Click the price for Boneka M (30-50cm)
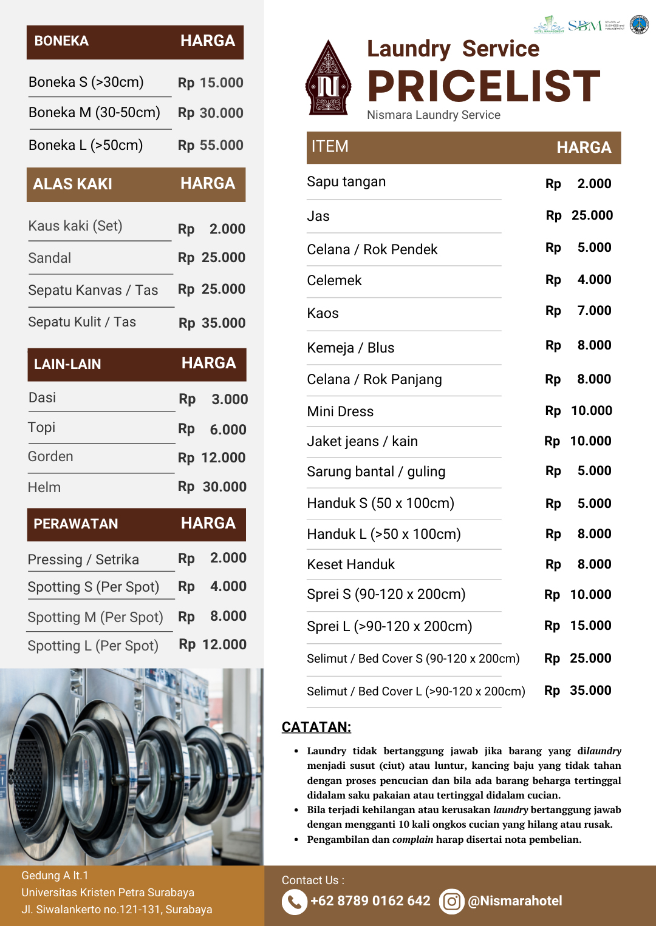coord(210,113)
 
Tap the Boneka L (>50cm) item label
coord(86,146)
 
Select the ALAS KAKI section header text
coord(72,184)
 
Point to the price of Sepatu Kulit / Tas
coord(211,323)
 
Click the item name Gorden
coord(50,457)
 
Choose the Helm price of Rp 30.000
coord(212,487)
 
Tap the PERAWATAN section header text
coord(76,524)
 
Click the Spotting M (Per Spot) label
coord(95,618)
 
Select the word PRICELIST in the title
coord(484,86)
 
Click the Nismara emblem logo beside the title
coord(328,79)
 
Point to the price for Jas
coord(579,215)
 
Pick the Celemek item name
coord(334,281)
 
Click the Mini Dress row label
coord(340,412)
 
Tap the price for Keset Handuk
coord(578,565)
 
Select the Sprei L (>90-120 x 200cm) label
coord(389,627)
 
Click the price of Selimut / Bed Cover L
coord(578,691)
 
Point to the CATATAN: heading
coord(316,728)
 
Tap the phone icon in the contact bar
coord(294,902)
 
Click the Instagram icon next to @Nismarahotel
coord(451,902)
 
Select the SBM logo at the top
coord(585,25)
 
